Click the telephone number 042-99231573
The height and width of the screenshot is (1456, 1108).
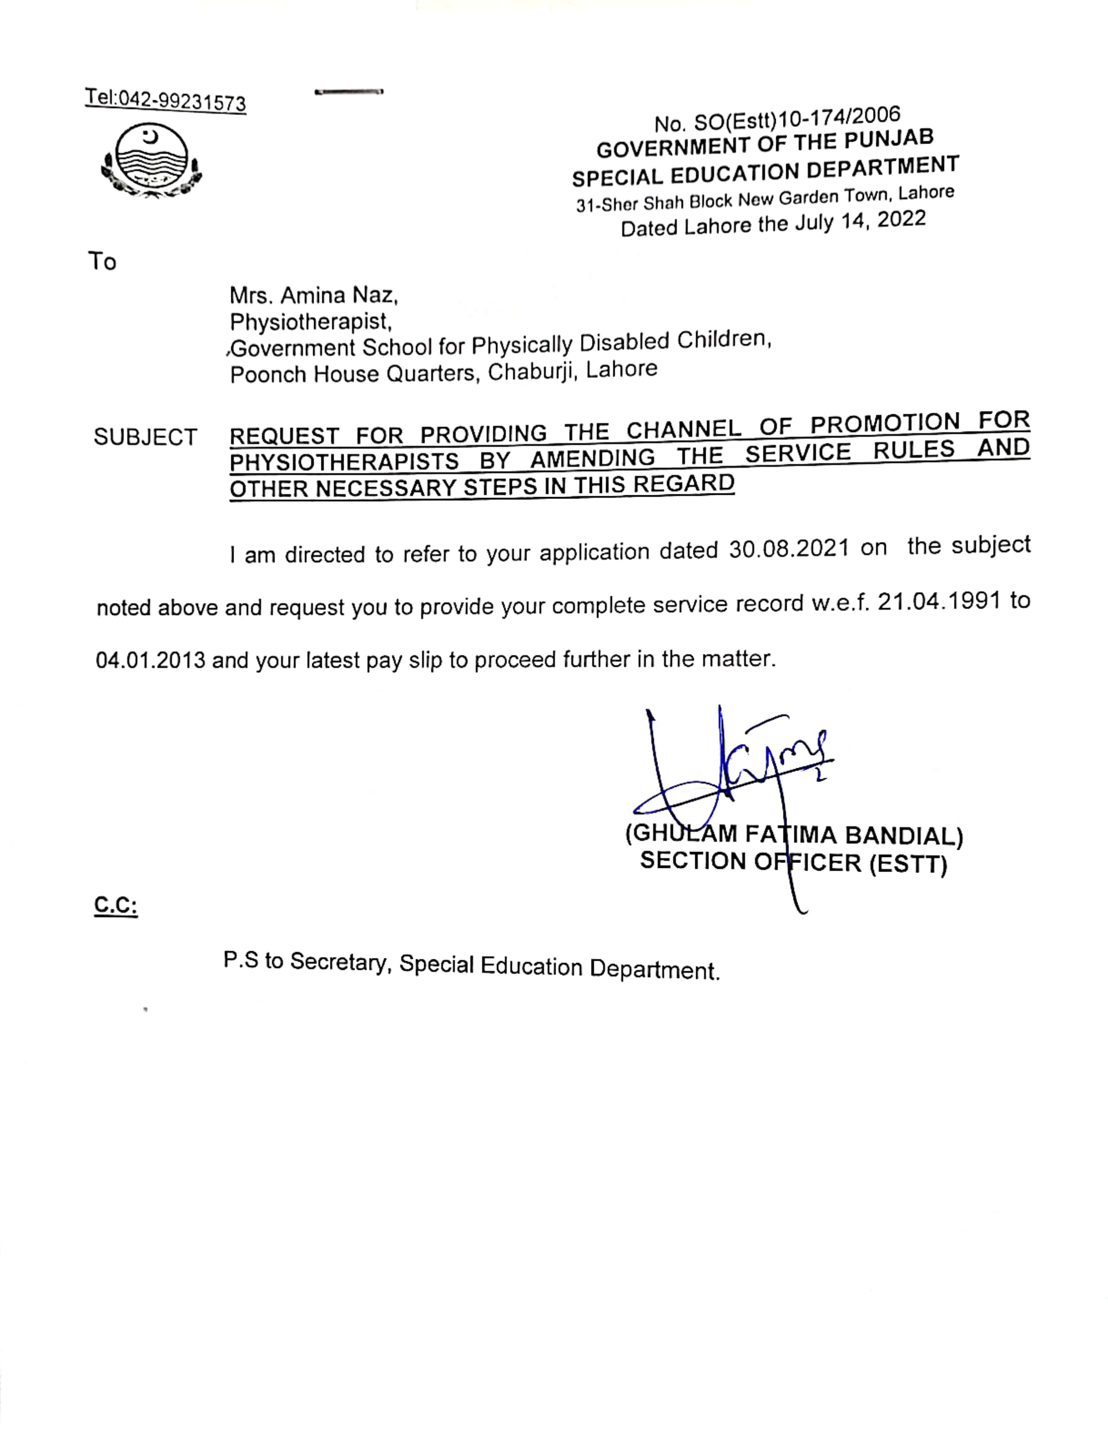click(x=182, y=101)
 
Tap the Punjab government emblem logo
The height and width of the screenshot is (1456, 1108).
click(x=151, y=161)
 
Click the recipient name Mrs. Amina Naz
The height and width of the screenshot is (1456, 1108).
click(x=313, y=295)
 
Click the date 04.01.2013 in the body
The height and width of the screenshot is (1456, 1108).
click(x=151, y=660)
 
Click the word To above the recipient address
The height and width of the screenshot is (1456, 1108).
click(x=102, y=262)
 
